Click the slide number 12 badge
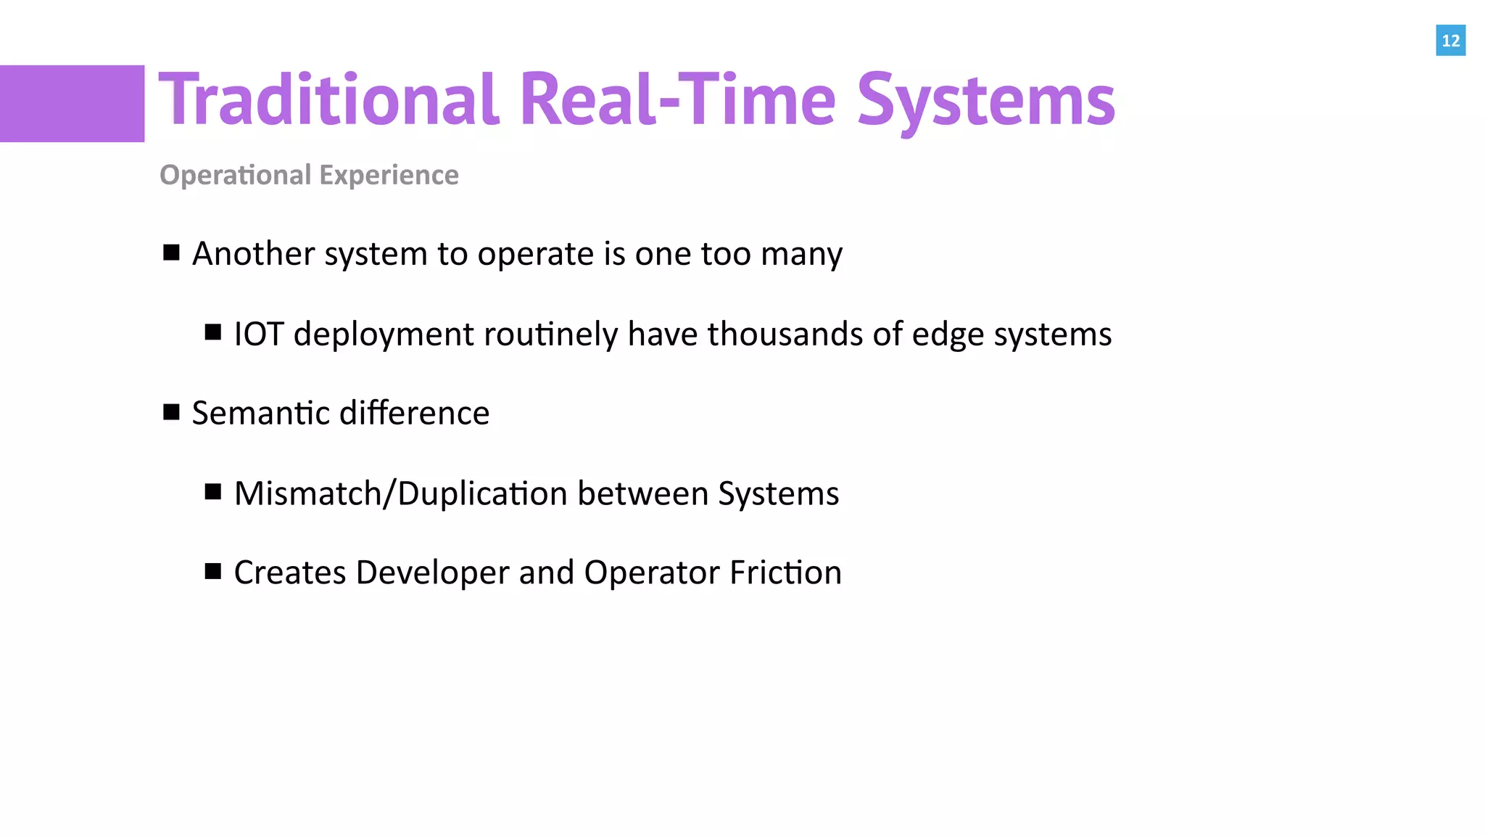(x=1450, y=41)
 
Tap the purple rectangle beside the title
(x=72, y=103)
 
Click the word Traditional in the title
(x=328, y=99)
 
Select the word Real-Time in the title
(x=678, y=99)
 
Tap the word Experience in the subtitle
(x=389, y=176)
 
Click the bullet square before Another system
(x=171, y=253)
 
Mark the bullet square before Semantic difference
(x=171, y=412)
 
